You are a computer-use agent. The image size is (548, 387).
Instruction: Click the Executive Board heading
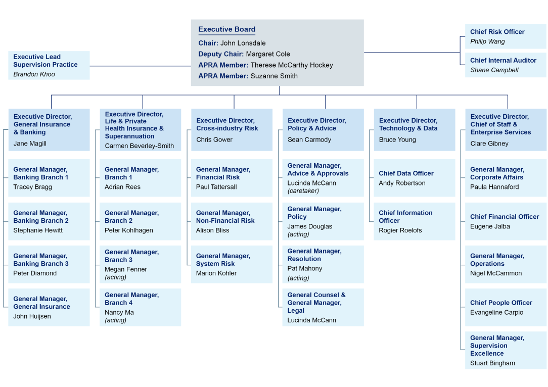click(x=226, y=30)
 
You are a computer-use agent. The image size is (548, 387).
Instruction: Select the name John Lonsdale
click(x=243, y=43)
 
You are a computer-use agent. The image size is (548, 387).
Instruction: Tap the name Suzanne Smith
click(x=274, y=76)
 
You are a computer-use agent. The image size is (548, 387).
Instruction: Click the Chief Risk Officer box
click(x=505, y=36)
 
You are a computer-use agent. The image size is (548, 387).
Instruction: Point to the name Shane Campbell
click(x=494, y=70)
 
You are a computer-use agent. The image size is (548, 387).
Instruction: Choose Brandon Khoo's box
click(x=49, y=65)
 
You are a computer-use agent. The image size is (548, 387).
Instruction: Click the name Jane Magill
click(x=30, y=143)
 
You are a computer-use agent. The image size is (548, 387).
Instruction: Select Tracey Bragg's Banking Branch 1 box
click(x=49, y=178)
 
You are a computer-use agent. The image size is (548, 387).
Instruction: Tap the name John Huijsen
click(x=32, y=316)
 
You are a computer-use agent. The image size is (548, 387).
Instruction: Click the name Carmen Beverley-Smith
click(x=139, y=146)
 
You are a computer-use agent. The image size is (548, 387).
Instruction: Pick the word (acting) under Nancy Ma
click(x=115, y=320)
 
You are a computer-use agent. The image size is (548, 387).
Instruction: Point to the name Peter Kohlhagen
click(x=128, y=230)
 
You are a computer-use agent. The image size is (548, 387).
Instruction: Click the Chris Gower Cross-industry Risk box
click(x=232, y=130)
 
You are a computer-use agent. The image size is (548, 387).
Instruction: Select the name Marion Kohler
click(x=216, y=273)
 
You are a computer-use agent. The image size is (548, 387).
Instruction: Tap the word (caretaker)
click(x=303, y=191)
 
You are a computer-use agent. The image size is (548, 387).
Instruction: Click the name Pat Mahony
click(x=304, y=269)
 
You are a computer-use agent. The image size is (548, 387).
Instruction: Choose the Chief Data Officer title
click(x=406, y=173)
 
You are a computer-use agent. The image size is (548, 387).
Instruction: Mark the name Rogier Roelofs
click(x=400, y=230)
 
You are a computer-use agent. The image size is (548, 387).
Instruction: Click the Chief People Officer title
click(x=500, y=303)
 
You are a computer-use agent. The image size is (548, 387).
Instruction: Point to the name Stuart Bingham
click(x=492, y=363)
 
